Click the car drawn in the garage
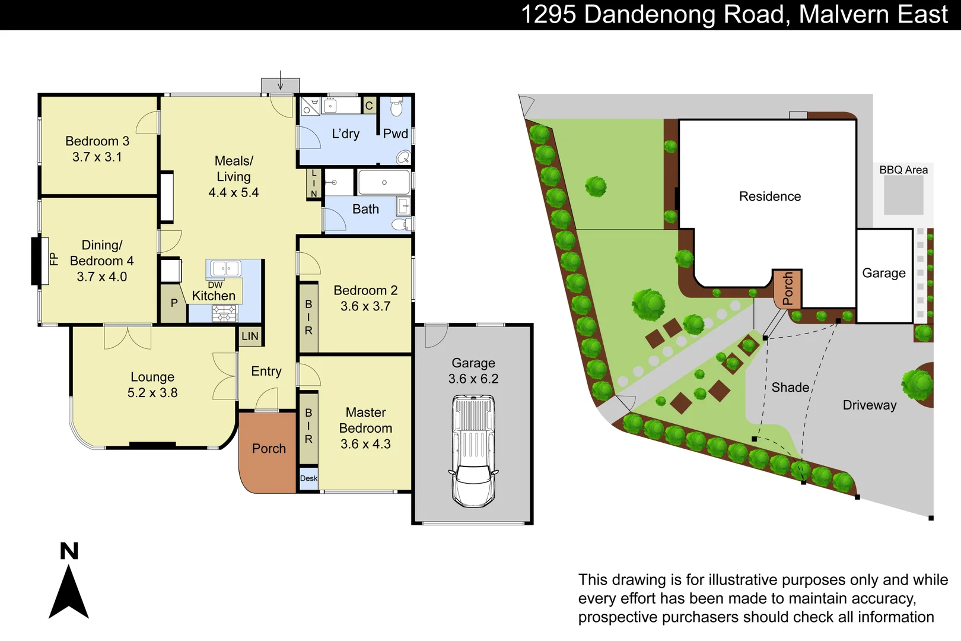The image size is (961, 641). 473,451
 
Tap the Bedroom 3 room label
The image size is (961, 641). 97,141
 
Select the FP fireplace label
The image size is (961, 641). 53,259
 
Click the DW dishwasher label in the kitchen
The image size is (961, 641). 215,285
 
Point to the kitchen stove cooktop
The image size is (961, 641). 225,313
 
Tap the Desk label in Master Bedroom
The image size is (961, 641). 308,478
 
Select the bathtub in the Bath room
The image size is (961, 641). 384,182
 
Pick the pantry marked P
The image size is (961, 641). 174,303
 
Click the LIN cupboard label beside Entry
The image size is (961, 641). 250,337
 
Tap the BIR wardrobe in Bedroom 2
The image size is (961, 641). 308,318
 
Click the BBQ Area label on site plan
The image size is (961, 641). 903,170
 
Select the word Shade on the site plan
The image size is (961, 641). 790,388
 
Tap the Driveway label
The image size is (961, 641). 870,405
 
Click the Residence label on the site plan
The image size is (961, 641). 770,196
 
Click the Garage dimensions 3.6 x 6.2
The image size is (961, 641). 473,379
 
